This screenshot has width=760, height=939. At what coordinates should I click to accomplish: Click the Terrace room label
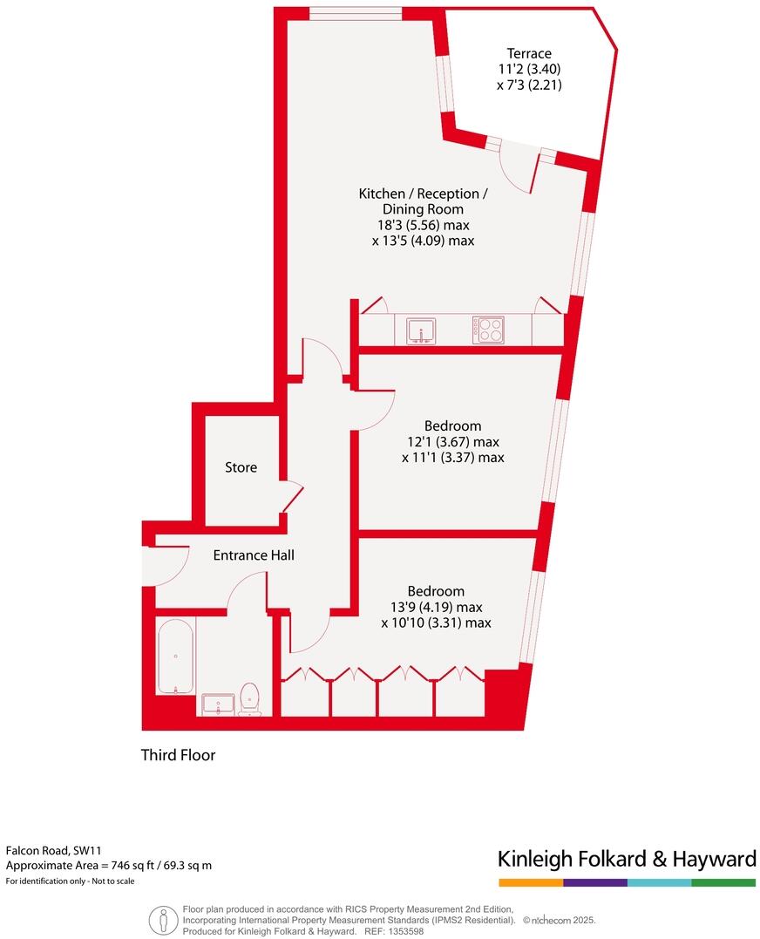coord(530,53)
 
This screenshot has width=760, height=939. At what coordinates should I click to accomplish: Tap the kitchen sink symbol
coord(421,330)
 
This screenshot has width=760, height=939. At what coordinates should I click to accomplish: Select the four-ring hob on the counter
coord(488,330)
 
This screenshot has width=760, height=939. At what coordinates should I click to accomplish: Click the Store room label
coord(241,467)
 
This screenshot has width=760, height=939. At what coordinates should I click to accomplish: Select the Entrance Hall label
coord(254,555)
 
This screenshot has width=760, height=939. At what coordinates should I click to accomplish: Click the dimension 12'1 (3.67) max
coord(452,441)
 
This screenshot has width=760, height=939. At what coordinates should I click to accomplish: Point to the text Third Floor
coord(178,755)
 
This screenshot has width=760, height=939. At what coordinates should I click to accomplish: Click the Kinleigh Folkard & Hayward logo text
coord(627,860)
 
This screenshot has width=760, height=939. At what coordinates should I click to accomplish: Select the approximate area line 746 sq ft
coord(109,866)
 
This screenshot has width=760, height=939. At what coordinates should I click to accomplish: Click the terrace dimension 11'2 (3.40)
coord(530,70)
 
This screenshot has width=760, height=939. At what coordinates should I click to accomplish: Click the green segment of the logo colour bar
coord(723,883)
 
